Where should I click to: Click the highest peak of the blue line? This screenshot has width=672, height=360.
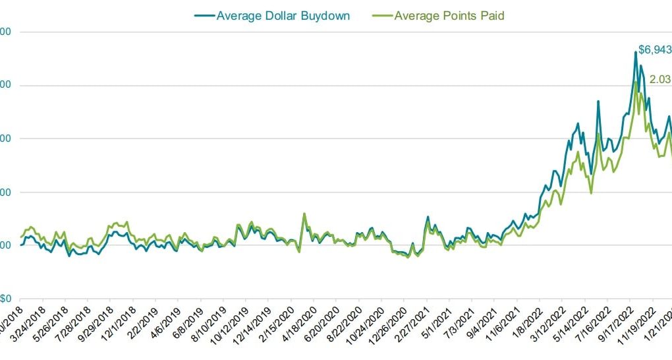636,51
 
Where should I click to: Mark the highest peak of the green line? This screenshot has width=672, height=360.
635,82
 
